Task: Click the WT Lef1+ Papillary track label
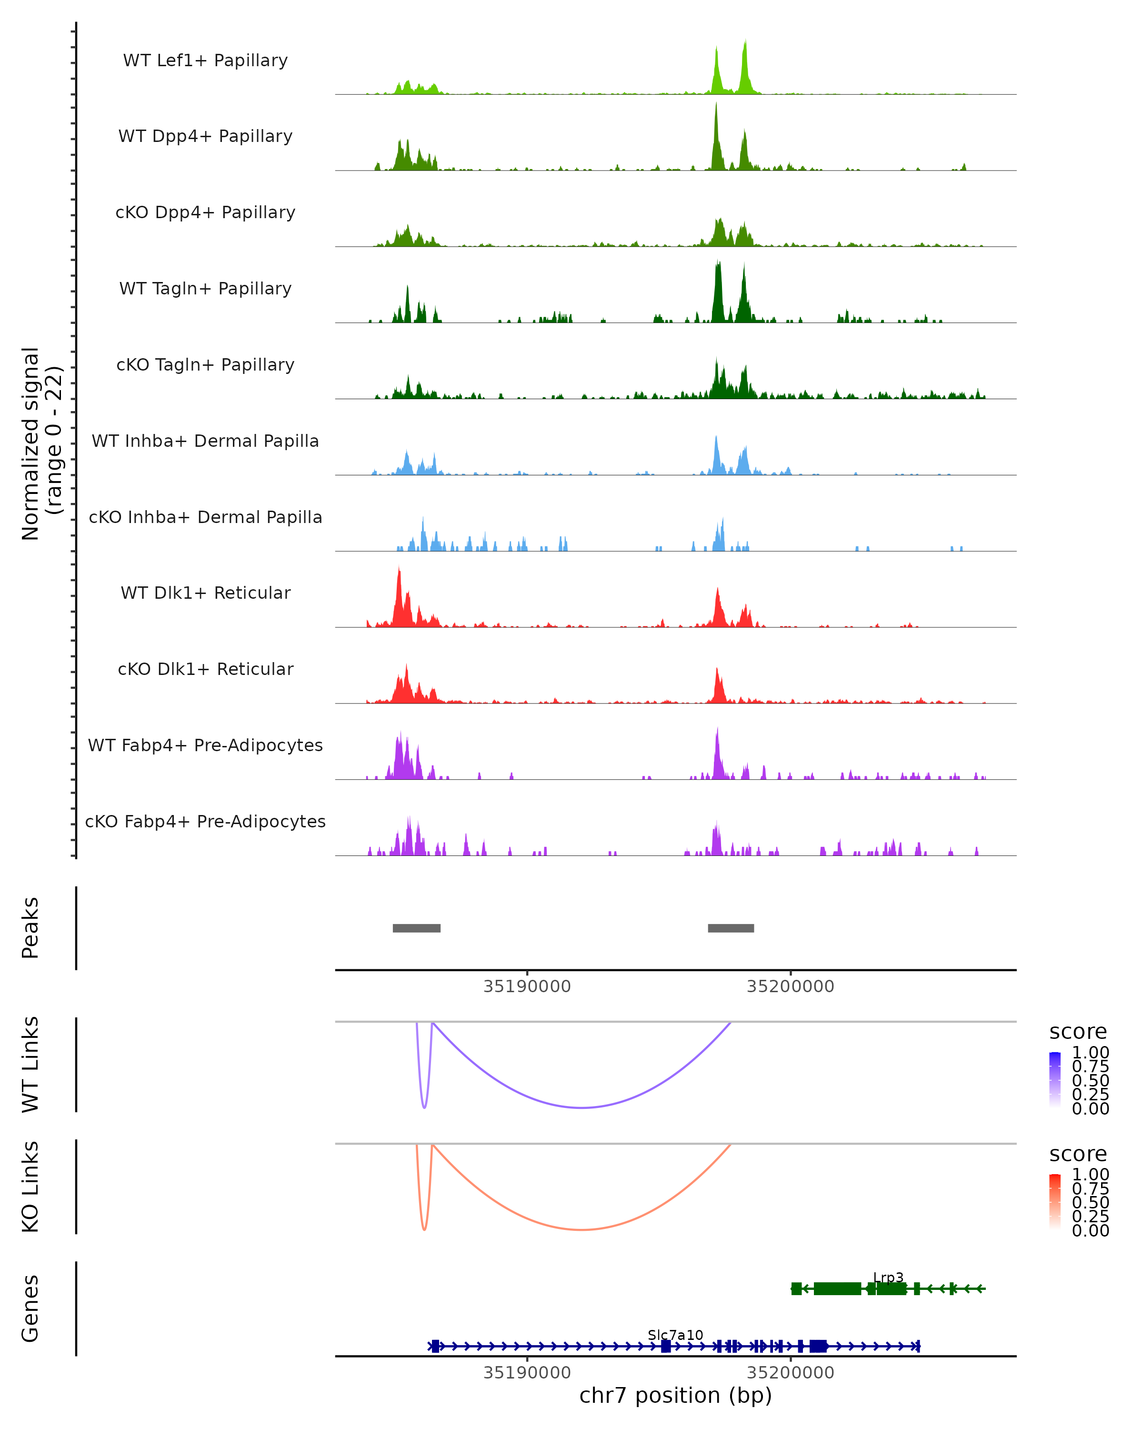click(205, 61)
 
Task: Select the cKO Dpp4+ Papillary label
click(205, 213)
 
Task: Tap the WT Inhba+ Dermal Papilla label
click(205, 442)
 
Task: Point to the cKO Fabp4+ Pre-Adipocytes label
click(205, 822)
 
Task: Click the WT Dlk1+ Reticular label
click(205, 593)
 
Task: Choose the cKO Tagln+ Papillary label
click(205, 365)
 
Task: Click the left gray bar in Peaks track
click(416, 928)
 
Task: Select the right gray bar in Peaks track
click(731, 928)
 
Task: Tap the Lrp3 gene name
click(888, 1277)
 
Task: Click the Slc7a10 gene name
click(675, 1335)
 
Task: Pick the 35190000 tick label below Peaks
click(527, 986)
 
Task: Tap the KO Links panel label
click(30, 1187)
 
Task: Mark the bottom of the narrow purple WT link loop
click(424, 1107)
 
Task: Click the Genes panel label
click(30, 1308)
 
